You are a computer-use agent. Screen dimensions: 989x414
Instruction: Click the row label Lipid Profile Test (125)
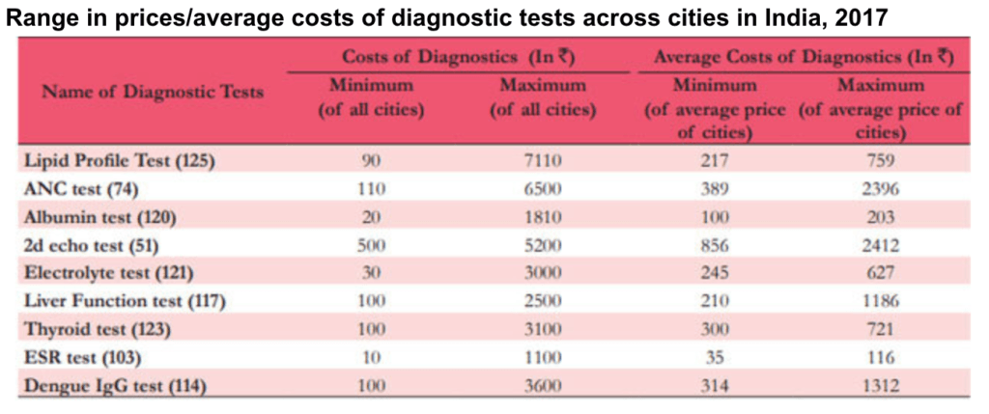point(120,161)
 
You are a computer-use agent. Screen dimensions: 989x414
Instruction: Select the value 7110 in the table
point(543,161)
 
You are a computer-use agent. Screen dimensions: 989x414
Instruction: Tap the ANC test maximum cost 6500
point(543,189)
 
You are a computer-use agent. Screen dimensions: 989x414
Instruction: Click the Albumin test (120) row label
point(99,217)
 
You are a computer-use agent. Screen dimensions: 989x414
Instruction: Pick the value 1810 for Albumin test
point(543,217)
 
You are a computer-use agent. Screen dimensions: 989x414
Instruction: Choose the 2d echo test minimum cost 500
point(372,246)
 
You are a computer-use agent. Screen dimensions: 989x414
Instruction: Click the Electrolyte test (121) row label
point(108,273)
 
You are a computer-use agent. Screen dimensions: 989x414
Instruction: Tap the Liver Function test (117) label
point(125,302)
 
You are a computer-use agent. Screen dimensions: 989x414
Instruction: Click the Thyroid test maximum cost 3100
point(543,330)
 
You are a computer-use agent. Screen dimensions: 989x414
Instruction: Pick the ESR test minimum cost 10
point(372,358)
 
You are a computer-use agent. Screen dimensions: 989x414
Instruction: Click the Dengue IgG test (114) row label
point(116,386)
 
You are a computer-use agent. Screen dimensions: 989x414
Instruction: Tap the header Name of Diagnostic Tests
point(153,93)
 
